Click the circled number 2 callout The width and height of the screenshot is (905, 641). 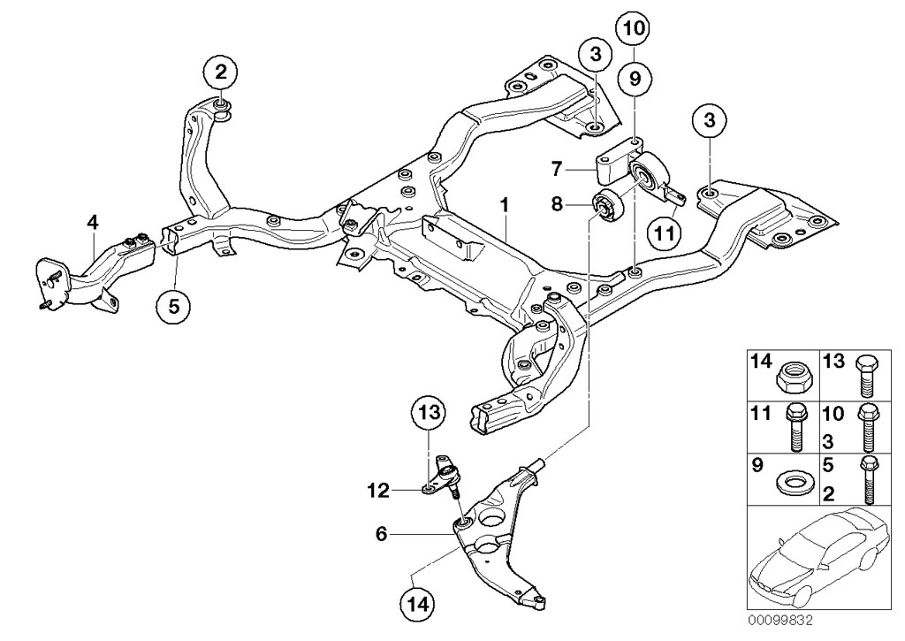point(219,69)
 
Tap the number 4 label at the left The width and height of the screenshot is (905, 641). point(92,222)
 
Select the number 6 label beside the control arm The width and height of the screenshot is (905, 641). point(382,533)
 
